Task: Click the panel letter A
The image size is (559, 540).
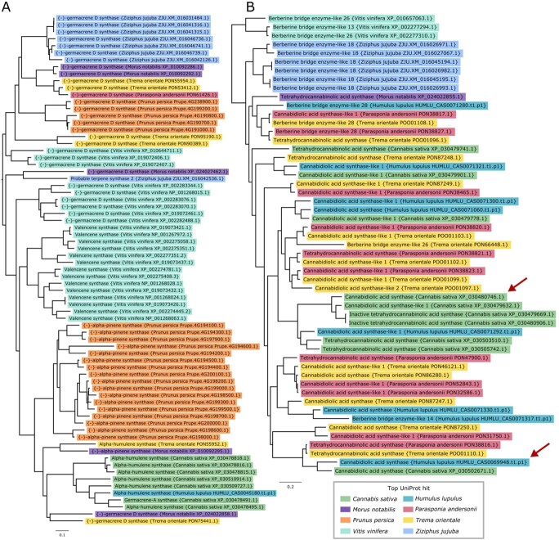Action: (7, 8)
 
